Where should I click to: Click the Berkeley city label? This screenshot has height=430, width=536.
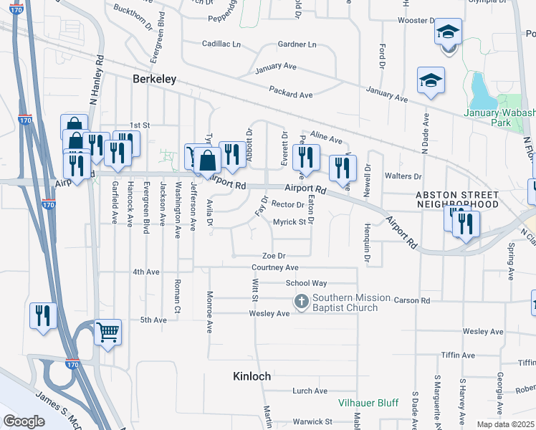155,80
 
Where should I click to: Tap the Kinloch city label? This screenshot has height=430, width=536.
252,376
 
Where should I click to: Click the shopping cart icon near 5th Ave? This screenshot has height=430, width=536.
107,332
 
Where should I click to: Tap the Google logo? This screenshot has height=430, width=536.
24,421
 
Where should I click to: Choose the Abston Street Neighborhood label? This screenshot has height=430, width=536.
457,199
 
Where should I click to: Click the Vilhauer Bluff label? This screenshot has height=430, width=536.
368,403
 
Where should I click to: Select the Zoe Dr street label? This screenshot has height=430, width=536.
274,255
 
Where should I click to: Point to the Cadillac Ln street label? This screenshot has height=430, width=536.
221,44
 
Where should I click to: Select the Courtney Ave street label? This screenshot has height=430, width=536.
274,267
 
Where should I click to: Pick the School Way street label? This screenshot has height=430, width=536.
306,283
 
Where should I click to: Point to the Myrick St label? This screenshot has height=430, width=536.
289,222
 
